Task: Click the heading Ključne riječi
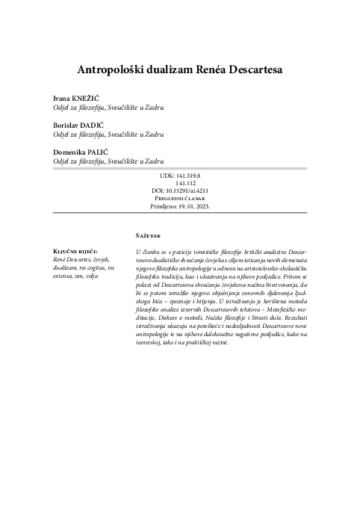73,251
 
